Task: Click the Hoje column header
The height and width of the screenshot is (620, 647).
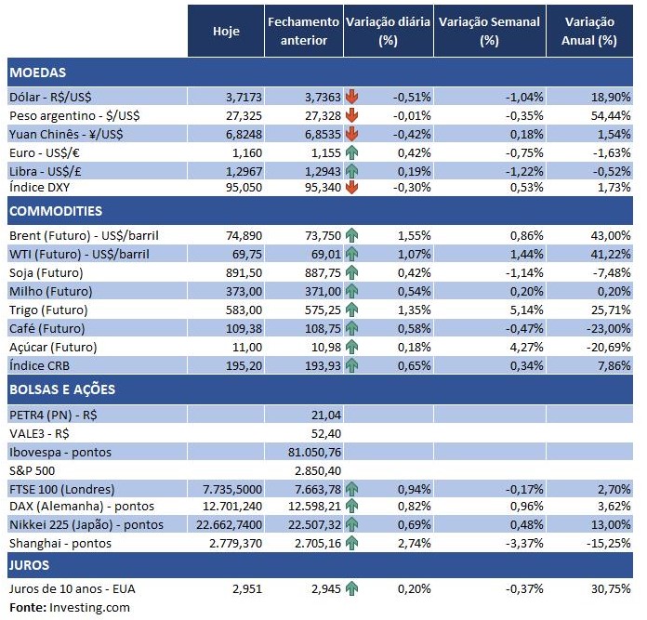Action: point(226,31)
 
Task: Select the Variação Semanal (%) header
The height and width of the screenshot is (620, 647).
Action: point(489,31)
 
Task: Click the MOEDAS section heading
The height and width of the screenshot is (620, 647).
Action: point(37,73)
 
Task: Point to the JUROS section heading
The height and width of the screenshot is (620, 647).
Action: point(30,564)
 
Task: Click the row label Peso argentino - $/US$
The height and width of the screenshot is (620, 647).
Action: point(72,115)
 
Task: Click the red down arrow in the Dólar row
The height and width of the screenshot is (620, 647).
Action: point(351,97)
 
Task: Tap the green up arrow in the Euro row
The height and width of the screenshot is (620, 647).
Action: point(351,152)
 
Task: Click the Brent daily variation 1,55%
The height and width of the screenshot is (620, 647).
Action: point(412,236)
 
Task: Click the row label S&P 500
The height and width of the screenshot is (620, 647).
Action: point(32,470)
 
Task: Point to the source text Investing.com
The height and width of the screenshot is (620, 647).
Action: point(90,607)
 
